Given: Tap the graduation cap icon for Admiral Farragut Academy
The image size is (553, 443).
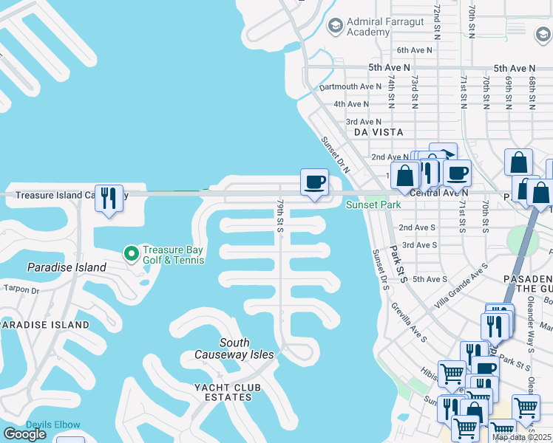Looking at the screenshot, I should point(336,26).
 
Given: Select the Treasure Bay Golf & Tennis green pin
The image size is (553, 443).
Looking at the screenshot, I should point(132,254).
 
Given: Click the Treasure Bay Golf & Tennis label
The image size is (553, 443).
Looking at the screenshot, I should point(173,255).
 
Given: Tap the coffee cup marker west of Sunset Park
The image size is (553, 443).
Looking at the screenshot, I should point(314,182).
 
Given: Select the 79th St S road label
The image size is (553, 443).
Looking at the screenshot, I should point(281,215).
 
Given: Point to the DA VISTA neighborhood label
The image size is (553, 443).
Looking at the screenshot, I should point(379,132).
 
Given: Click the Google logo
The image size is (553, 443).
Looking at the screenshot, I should point(24,434).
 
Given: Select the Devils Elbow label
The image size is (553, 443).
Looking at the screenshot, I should point(53,425).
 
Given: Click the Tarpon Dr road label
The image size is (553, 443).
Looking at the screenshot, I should point(21,289).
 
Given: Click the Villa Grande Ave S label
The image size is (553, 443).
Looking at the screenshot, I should point(461,277).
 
